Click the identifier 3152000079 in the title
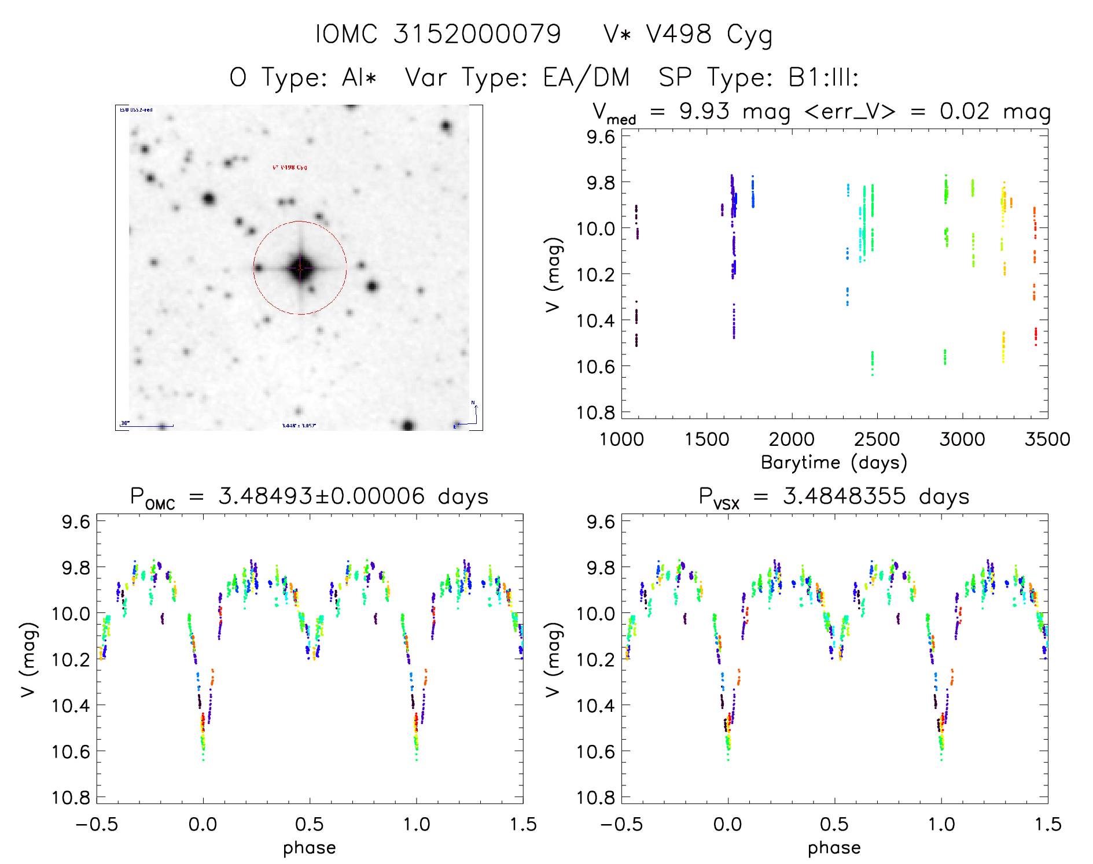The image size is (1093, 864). click(477, 34)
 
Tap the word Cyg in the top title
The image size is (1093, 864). click(749, 35)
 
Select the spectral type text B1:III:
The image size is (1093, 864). click(823, 77)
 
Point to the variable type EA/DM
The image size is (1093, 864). click(586, 77)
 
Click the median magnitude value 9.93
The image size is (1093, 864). click(704, 111)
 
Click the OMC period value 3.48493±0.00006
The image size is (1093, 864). click(321, 496)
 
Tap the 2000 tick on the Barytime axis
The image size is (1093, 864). click(792, 439)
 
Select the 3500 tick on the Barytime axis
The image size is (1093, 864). click(1047, 439)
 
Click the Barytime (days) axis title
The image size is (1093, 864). click(834, 462)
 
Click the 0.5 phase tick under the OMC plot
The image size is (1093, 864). click(310, 824)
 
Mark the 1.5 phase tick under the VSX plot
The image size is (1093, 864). click(1047, 824)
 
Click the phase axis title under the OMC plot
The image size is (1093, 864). click(310, 848)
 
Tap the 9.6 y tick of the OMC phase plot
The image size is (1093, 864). click(76, 522)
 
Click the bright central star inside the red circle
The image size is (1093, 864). click(300, 268)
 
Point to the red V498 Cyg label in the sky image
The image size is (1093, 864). click(289, 168)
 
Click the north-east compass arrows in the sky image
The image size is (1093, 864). click(468, 415)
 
